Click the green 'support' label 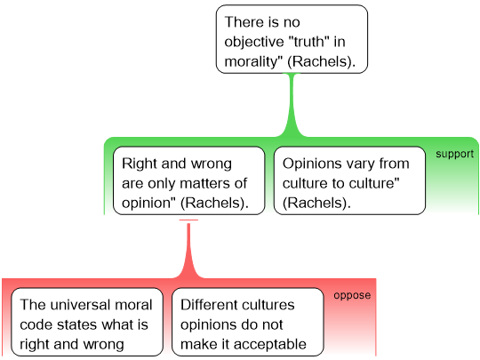(454, 154)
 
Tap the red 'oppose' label (352, 295)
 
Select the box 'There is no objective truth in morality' (292, 39)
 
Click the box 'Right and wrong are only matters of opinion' (188, 180)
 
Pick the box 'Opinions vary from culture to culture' (349, 180)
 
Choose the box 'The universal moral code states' (87, 322)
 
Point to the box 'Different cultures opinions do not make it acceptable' (248, 322)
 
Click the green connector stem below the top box (292, 104)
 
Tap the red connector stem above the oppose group (188, 251)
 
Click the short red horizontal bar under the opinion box (188, 220)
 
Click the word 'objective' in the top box (254, 42)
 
